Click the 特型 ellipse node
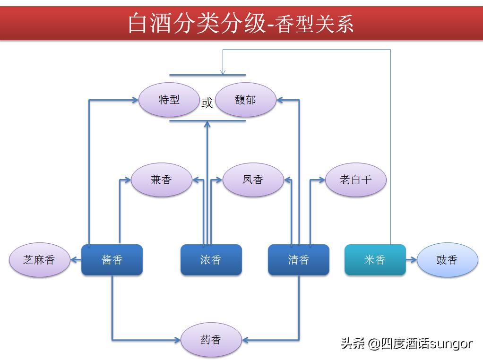(x=169, y=100)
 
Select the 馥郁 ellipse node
(x=246, y=100)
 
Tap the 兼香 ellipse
(x=161, y=180)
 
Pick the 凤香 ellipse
(x=253, y=180)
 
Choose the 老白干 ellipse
(x=356, y=180)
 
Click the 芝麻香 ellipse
(x=39, y=260)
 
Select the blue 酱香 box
(x=112, y=260)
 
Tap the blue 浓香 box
(x=211, y=260)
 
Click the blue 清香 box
(x=298, y=260)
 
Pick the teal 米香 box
(x=375, y=260)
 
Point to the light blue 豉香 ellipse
(x=447, y=260)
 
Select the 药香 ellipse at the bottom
(x=211, y=340)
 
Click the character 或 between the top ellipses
(x=207, y=103)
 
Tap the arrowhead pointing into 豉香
(x=413, y=260)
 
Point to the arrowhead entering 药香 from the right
(x=245, y=340)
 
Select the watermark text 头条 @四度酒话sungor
(x=406, y=343)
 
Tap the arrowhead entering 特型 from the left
(x=135, y=100)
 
